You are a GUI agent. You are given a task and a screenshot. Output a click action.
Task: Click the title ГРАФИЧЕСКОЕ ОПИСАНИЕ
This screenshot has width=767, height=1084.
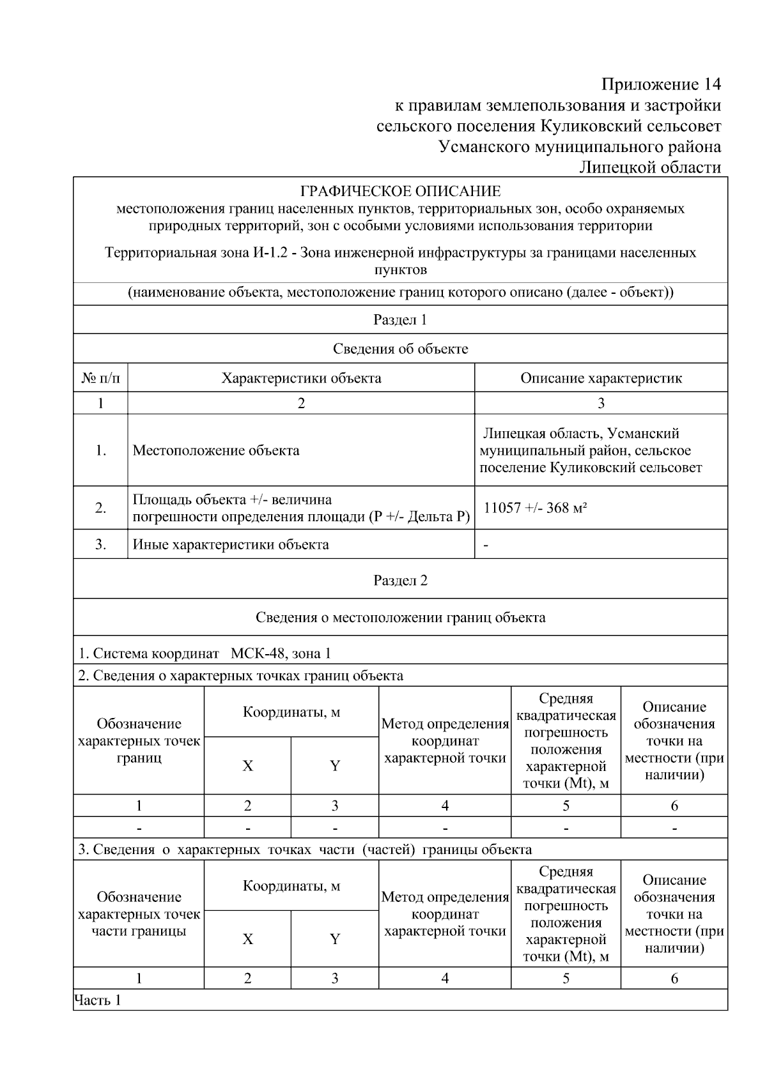pos(400,191)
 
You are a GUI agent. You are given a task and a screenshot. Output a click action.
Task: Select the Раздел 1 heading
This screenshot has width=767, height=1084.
pos(400,320)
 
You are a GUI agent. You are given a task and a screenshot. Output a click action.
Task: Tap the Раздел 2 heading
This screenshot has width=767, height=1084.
pos(400,580)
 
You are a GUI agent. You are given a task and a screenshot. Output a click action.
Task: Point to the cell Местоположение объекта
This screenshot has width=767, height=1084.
pos(216,450)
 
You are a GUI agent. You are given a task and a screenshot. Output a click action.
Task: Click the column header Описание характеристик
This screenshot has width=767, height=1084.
pos(601,378)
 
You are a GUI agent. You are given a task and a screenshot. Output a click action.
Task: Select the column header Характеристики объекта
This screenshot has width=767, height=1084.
pos(301,378)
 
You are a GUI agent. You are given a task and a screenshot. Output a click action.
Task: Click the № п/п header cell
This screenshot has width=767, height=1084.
pos(100,378)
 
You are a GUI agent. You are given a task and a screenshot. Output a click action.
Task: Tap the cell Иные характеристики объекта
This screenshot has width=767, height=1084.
pos(231,545)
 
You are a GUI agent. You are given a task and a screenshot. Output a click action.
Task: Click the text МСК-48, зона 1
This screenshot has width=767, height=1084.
pos(281,653)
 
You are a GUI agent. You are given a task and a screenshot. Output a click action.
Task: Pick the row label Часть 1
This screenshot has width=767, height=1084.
pos(98,1000)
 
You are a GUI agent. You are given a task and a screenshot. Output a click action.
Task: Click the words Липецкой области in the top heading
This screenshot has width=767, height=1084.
pos(650,168)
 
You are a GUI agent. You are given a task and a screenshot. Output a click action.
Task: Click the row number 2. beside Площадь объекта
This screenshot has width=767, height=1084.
pos(100,508)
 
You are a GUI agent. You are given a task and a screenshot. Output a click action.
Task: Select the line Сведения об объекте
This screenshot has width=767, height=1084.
pos(400,349)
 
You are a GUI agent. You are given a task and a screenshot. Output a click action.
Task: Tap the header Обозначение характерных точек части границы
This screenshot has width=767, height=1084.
pos(139,914)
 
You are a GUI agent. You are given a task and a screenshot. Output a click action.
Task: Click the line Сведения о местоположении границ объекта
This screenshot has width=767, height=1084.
pos(400,617)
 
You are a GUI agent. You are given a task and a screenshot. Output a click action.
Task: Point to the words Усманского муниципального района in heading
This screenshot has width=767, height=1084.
pos(580,147)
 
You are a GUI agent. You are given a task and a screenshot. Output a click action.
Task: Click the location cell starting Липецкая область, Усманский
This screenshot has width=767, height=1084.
pos(591,450)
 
